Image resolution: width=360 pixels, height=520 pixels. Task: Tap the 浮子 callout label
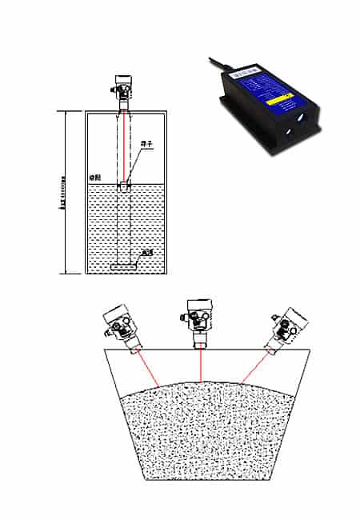pos(146,144)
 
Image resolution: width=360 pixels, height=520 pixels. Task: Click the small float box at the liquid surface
pos(125,186)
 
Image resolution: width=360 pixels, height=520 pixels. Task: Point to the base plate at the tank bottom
pos(125,265)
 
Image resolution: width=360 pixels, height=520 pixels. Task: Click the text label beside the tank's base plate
pos(146,254)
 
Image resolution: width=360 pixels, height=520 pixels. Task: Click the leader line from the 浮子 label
pos(135,164)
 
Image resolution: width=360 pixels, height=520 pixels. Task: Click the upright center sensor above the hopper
pos(198,320)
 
